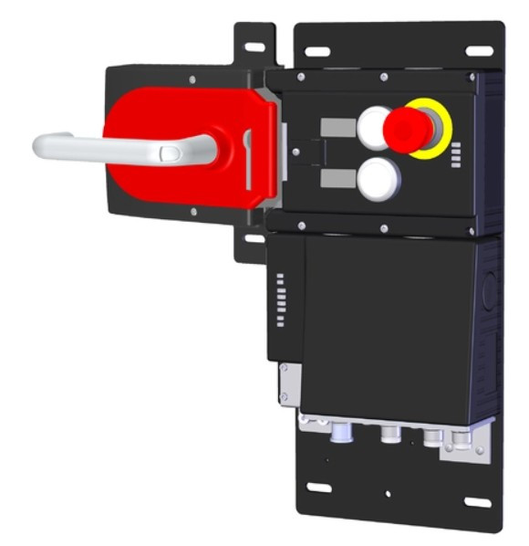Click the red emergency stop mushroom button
click(409, 129)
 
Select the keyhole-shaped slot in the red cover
click(246, 146)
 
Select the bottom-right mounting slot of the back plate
click(476, 501)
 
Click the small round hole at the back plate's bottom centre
click(389, 493)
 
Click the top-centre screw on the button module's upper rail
click(384, 76)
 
